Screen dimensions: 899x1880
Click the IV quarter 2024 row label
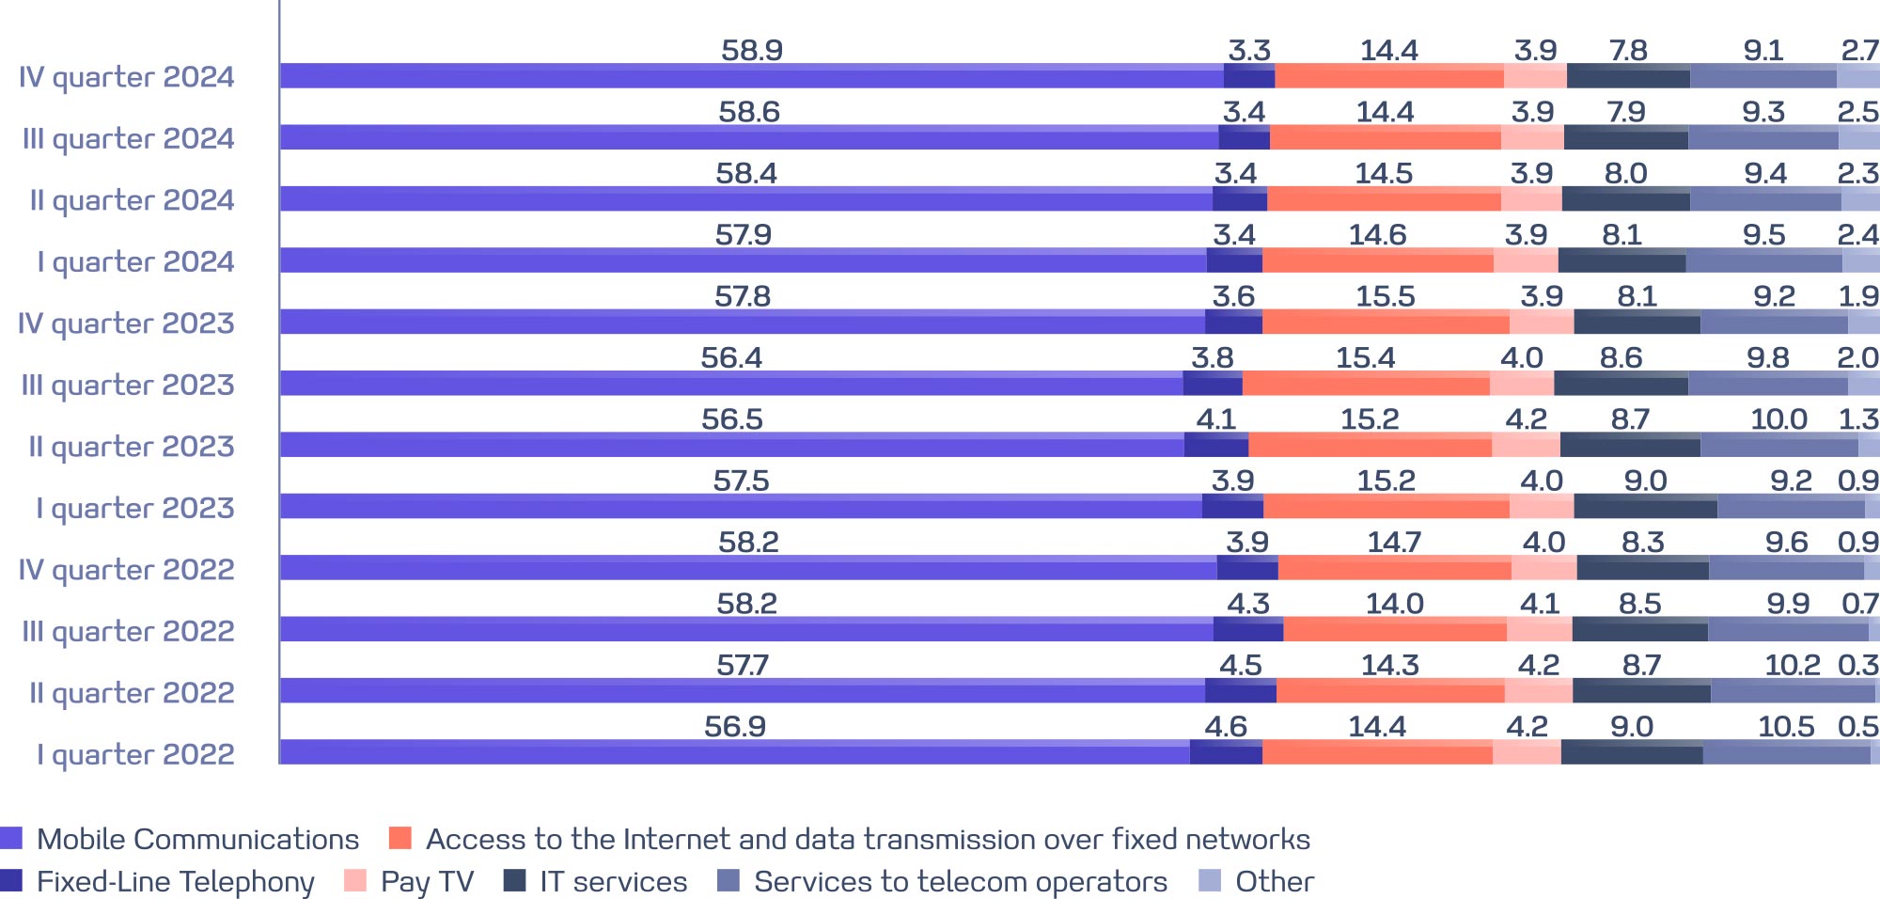tap(127, 77)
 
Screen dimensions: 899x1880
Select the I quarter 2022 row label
tap(135, 754)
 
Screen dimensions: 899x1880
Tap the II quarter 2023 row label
tap(132, 447)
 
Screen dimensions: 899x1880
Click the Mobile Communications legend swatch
tap(11, 839)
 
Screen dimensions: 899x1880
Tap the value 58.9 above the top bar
tap(752, 51)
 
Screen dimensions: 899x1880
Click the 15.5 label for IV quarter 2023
tap(1385, 297)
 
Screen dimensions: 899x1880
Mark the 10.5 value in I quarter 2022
tap(1786, 727)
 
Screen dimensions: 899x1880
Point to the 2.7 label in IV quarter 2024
tap(1859, 51)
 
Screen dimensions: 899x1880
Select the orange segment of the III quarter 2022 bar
tap(1395, 629)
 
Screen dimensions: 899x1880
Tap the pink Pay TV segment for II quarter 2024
tap(1531, 198)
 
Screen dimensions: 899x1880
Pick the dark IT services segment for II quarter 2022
tap(1641, 690)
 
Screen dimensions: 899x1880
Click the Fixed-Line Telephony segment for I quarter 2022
tap(1226, 752)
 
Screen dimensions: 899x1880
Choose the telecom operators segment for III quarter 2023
tap(1767, 383)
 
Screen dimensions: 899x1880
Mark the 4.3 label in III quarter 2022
tap(1248, 604)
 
